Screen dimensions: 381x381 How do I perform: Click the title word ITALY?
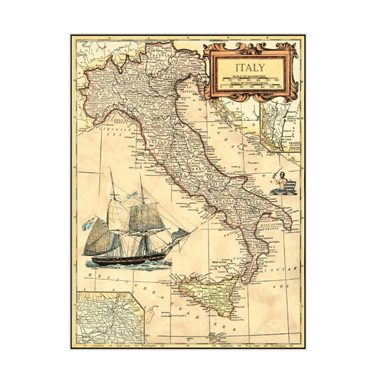click(249, 67)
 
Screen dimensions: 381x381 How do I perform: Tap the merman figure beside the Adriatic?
click(281, 181)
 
